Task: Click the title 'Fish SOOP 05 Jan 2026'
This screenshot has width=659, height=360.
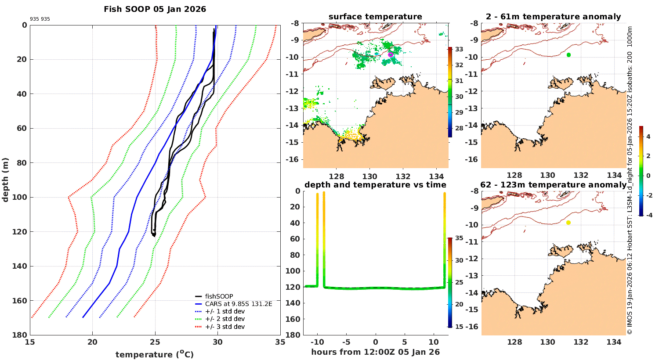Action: (155, 9)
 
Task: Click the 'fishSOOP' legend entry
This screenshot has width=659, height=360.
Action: (219, 296)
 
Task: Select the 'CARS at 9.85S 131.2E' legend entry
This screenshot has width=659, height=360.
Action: (239, 304)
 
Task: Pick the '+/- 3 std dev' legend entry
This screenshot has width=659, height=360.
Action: (225, 327)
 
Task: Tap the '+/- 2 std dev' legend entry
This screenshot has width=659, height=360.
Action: (225, 319)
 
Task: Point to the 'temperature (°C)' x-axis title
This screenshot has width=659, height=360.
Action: (155, 354)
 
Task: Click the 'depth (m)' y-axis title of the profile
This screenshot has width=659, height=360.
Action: (6, 180)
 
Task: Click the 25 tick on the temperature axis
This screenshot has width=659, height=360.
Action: (155, 342)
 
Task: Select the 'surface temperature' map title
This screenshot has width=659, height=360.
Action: (375, 17)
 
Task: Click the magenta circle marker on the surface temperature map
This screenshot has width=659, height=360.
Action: (391, 54)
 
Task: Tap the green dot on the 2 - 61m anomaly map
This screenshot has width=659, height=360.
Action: (568, 55)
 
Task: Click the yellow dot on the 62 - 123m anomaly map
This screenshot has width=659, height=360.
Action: (568, 223)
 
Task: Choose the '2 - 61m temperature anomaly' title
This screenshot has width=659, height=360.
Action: (553, 17)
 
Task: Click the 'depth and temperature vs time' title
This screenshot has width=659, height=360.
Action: (375, 185)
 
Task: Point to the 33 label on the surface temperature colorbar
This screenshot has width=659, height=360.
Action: (459, 49)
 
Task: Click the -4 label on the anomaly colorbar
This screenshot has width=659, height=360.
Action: (649, 215)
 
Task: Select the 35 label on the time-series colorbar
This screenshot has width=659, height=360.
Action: (459, 238)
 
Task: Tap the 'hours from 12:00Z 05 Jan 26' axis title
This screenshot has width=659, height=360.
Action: (375, 352)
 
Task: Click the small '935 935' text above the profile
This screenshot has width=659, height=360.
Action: (40, 19)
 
